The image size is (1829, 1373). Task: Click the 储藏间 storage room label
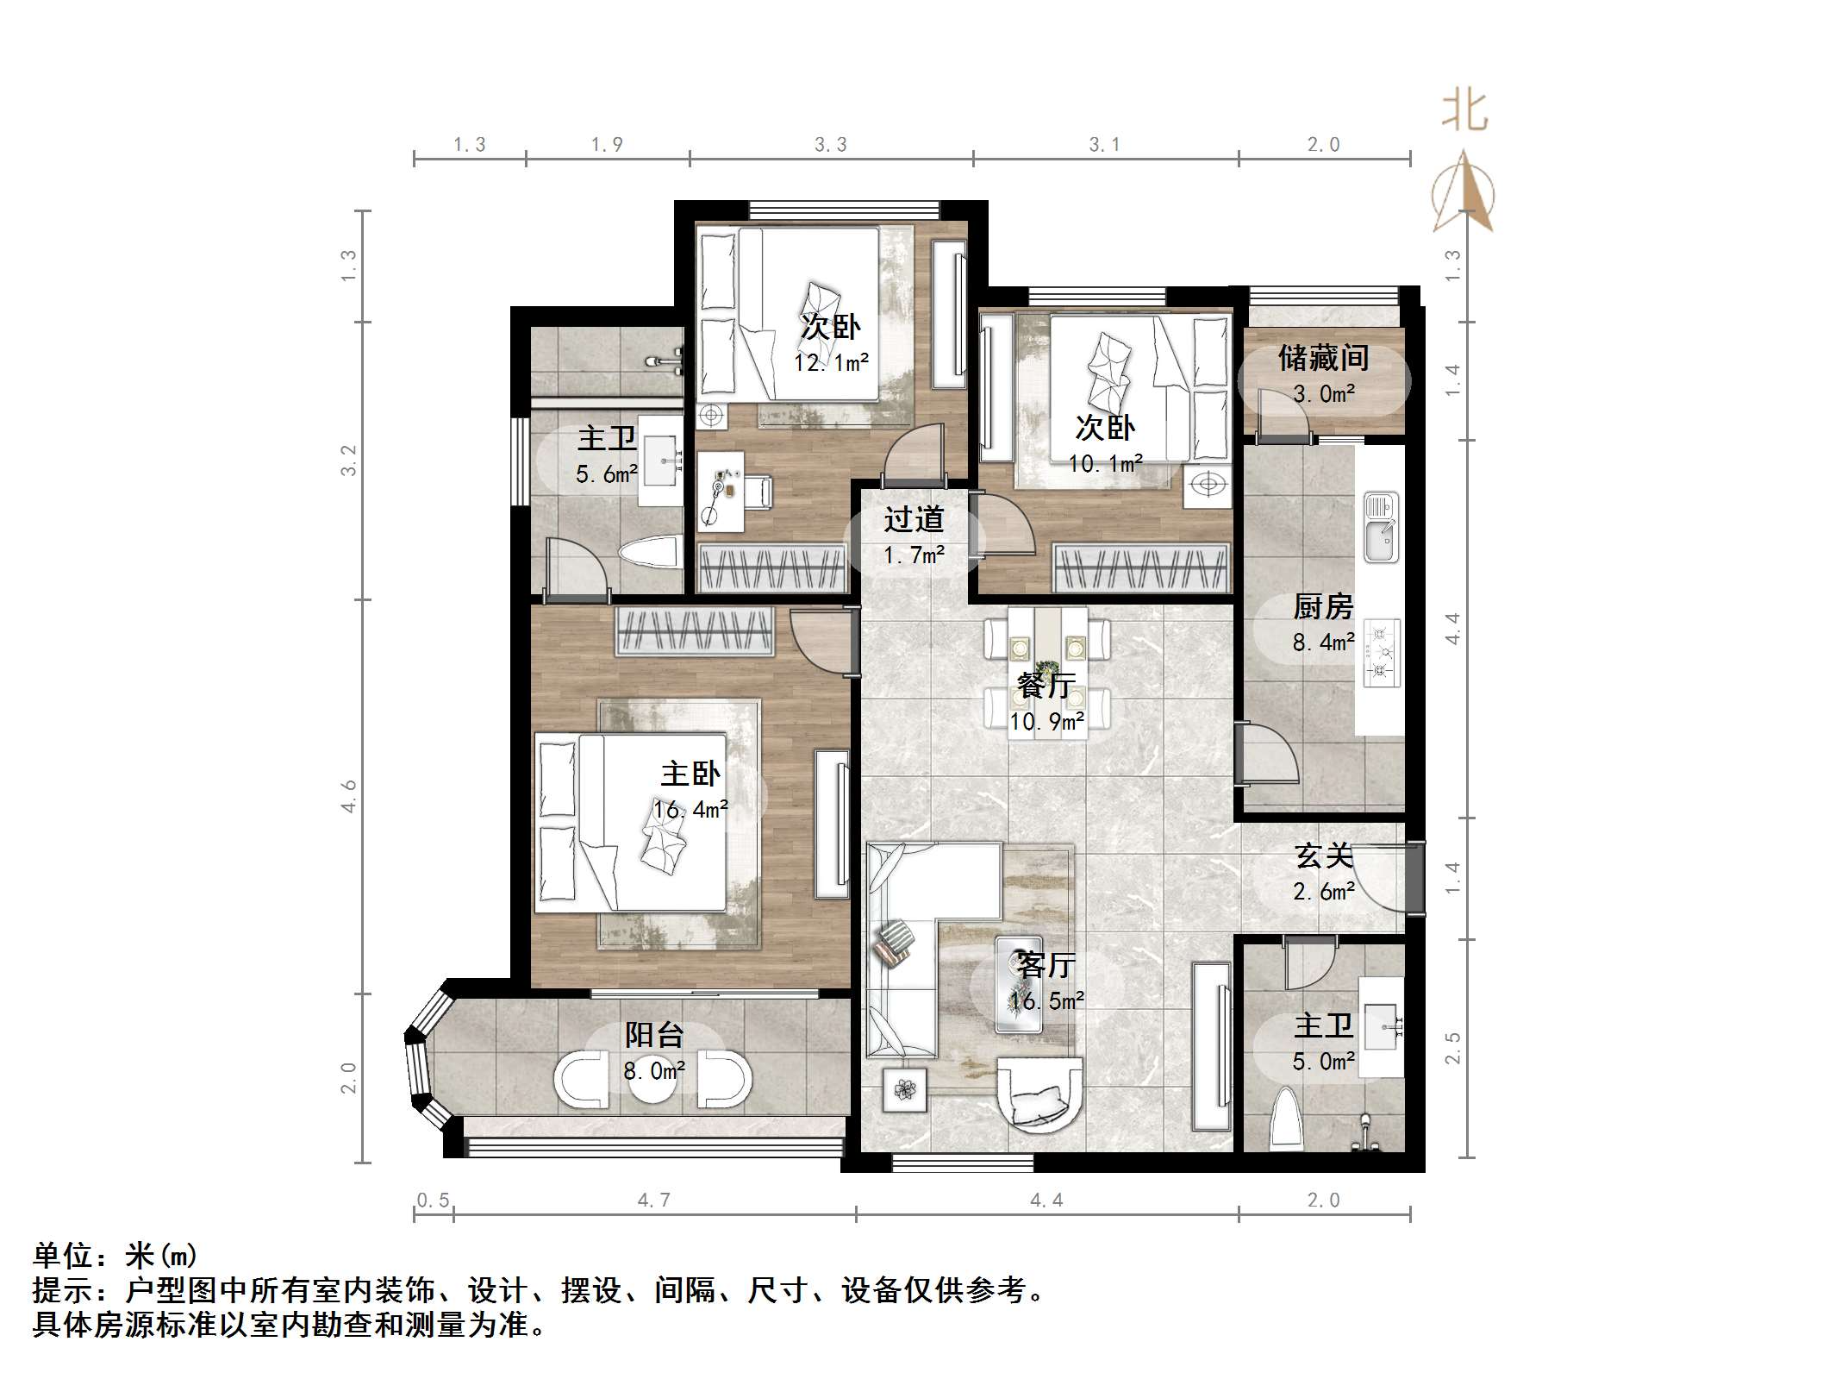1323,358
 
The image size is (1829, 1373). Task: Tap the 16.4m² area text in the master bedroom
690,810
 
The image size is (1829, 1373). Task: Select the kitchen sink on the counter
1381,526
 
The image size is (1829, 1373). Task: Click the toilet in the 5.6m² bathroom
647,553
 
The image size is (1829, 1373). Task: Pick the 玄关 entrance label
1323,856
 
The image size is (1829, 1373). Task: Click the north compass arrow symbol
1463,191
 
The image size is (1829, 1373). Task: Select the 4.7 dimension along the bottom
653,1201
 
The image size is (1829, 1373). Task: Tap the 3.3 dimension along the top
831,145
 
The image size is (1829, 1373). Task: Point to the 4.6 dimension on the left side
348,795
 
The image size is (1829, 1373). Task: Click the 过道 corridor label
914,519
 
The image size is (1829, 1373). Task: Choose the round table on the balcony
652,1078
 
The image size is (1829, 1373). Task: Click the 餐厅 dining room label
1046,686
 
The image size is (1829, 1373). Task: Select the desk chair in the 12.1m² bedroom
758,492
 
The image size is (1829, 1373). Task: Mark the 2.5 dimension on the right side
1453,1048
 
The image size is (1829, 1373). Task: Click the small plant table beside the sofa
905,1090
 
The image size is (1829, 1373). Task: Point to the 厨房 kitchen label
1323,607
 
